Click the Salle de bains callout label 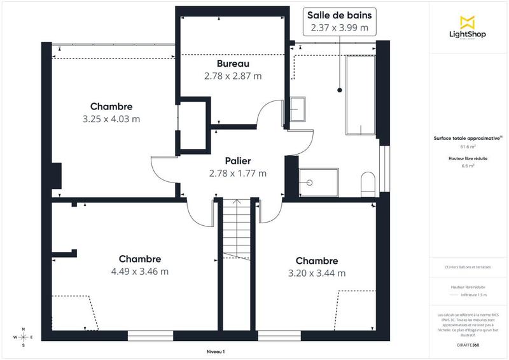(x=339, y=21)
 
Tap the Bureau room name (x=233, y=64)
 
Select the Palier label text (x=237, y=161)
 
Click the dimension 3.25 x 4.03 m (x=111, y=119)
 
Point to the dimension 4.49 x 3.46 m (x=139, y=272)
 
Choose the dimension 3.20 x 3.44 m (x=316, y=273)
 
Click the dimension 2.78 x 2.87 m (x=233, y=76)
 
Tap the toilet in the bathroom (x=368, y=184)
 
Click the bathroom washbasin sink (x=297, y=109)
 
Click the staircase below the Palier (x=237, y=267)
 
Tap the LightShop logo (x=468, y=29)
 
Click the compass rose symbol (x=24, y=337)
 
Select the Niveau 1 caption (x=216, y=351)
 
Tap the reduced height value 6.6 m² (x=468, y=165)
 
